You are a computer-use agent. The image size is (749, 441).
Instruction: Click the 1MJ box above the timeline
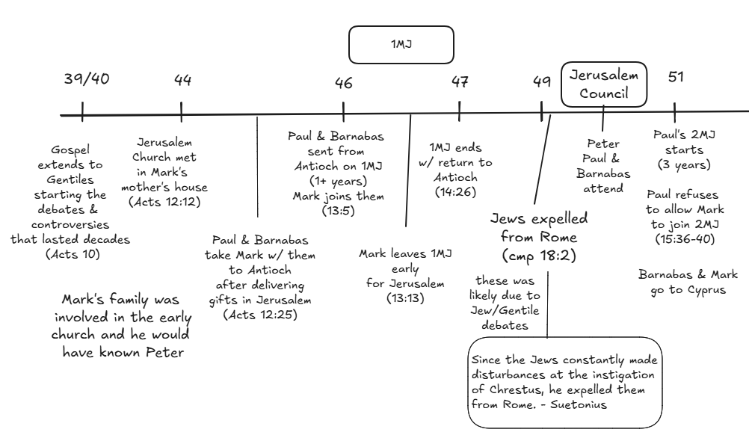click(x=401, y=45)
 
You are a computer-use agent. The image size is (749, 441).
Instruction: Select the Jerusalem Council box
click(x=604, y=84)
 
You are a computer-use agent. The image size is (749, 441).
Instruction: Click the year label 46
click(x=344, y=83)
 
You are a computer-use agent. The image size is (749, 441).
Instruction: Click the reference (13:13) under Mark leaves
click(x=405, y=297)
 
